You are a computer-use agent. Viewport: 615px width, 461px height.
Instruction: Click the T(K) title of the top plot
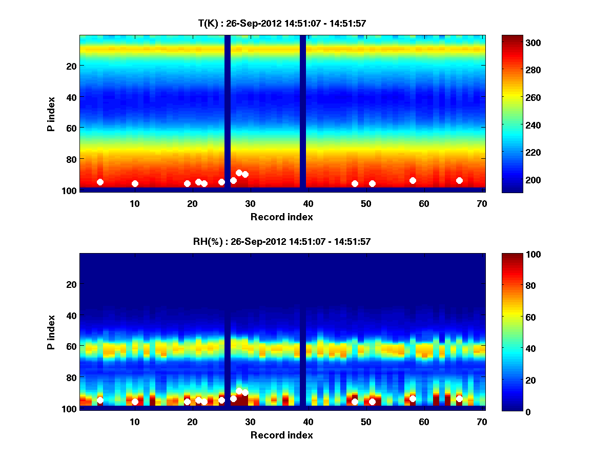pyautogui.click(x=282, y=23)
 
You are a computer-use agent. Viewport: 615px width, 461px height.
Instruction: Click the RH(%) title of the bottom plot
pyautogui.click(x=282, y=241)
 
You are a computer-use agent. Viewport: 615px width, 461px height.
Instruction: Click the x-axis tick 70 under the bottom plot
pyautogui.click(x=482, y=421)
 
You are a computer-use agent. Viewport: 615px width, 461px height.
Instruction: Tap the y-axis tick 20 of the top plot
pyautogui.click(x=71, y=66)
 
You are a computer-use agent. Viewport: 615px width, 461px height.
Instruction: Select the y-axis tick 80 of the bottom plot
pyautogui.click(x=71, y=378)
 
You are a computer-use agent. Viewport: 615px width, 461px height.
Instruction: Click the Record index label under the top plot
pyautogui.click(x=282, y=217)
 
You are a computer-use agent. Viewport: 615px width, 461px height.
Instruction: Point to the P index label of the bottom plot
pyautogui.click(x=51, y=332)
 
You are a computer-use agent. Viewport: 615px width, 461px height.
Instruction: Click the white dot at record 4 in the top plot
pyautogui.click(x=100, y=182)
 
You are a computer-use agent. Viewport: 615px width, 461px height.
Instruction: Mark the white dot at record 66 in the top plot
pyautogui.click(x=459, y=180)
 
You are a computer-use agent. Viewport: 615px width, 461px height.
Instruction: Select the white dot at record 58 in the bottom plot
pyautogui.click(x=413, y=399)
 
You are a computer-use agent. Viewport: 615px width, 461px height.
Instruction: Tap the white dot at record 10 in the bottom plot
pyautogui.click(x=135, y=402)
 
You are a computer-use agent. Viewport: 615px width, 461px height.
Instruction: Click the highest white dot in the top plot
pyautogui.click(x=239, y=173)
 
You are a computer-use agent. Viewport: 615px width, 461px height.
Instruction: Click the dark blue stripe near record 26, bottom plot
pyautogui.click(x=228, y=333)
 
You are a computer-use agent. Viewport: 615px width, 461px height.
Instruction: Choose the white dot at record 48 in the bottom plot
pyautogui.click(x=355, y=402)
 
